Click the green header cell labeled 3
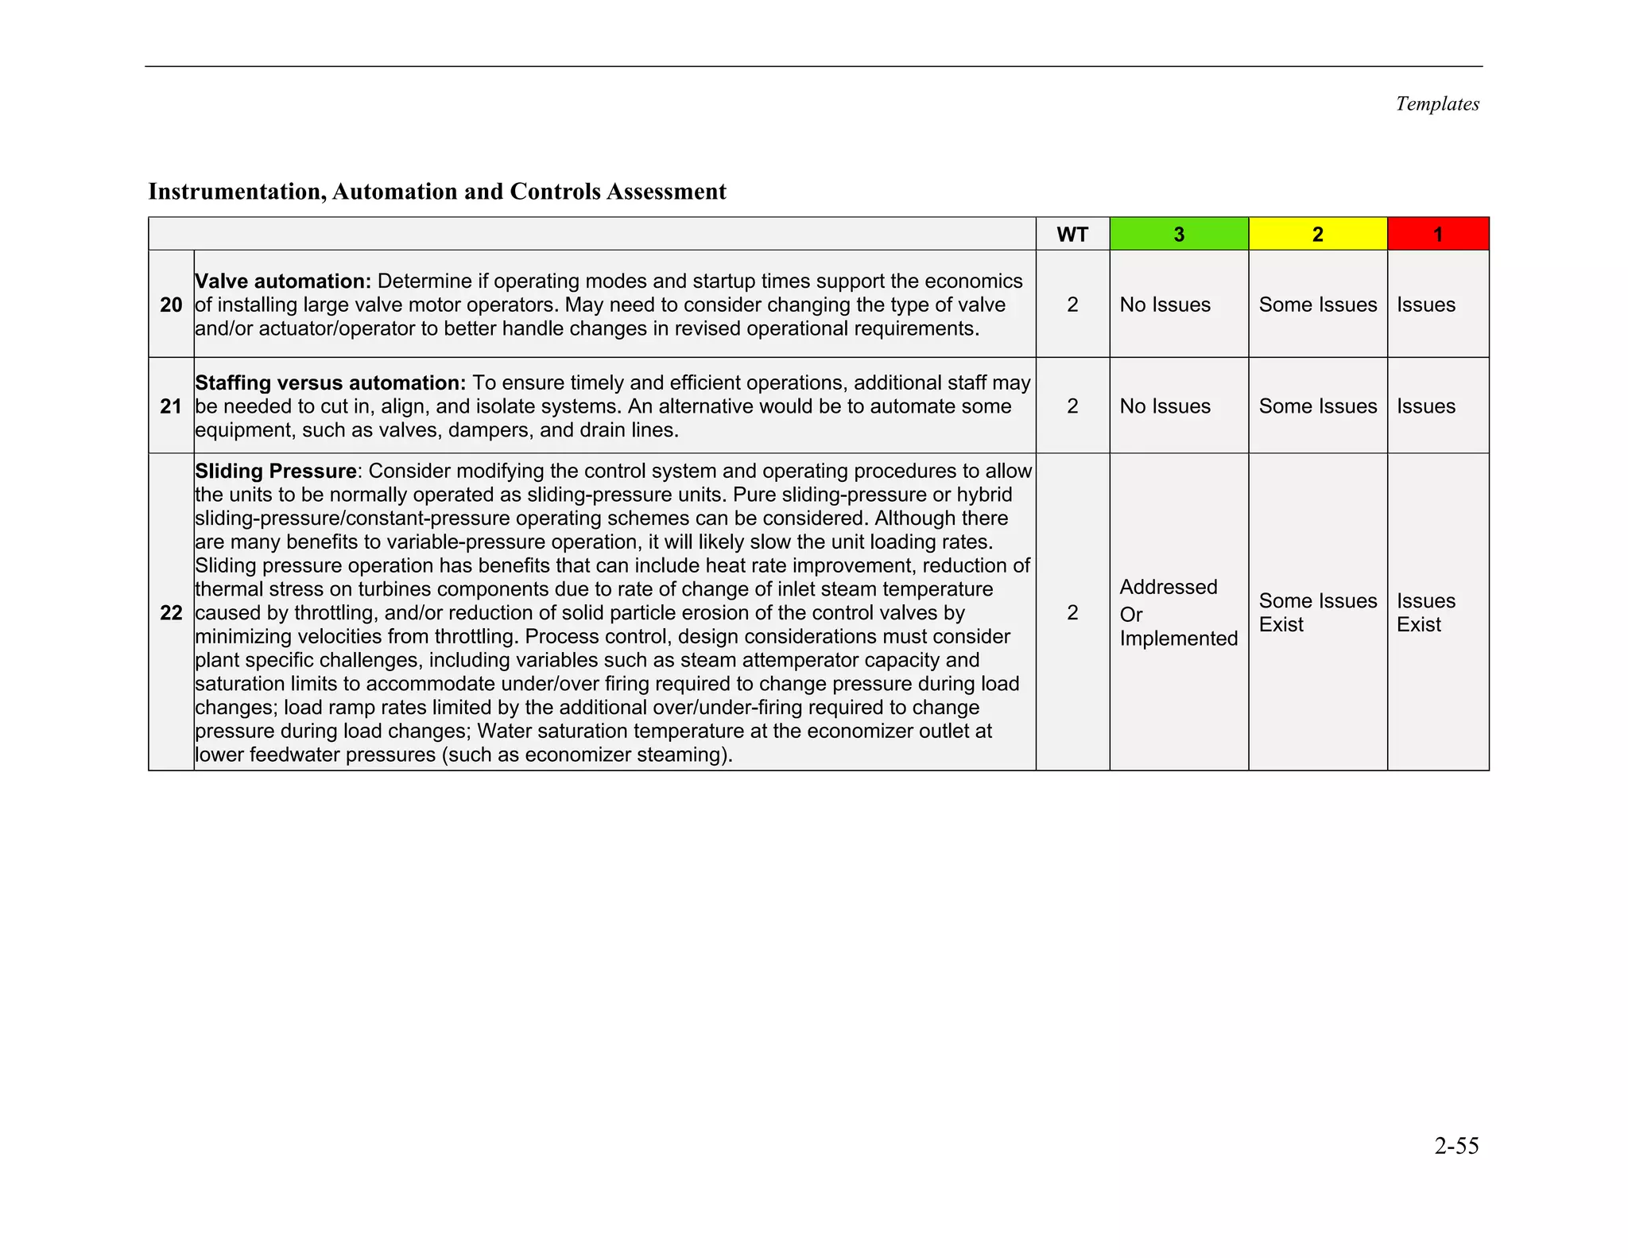[1178, 235]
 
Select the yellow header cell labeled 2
[1317, 235]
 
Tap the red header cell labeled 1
[1437, 235]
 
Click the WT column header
[1072, 235]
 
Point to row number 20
[171, 305]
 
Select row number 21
[171, 406]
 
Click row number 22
[171, 612]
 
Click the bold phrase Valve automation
[283, 281]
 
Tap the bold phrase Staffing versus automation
[330, 383]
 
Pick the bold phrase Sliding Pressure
[275, 472]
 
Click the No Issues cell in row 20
[1165, 305]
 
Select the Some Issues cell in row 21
[1317, 406]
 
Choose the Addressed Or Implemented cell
[1178, 612]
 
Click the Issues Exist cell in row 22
[1425, 612]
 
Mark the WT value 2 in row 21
[1072, 406]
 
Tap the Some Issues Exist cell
[1317, 612]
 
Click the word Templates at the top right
[1436, 104]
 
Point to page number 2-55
[1456, 1146]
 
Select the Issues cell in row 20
[1425, 305]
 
